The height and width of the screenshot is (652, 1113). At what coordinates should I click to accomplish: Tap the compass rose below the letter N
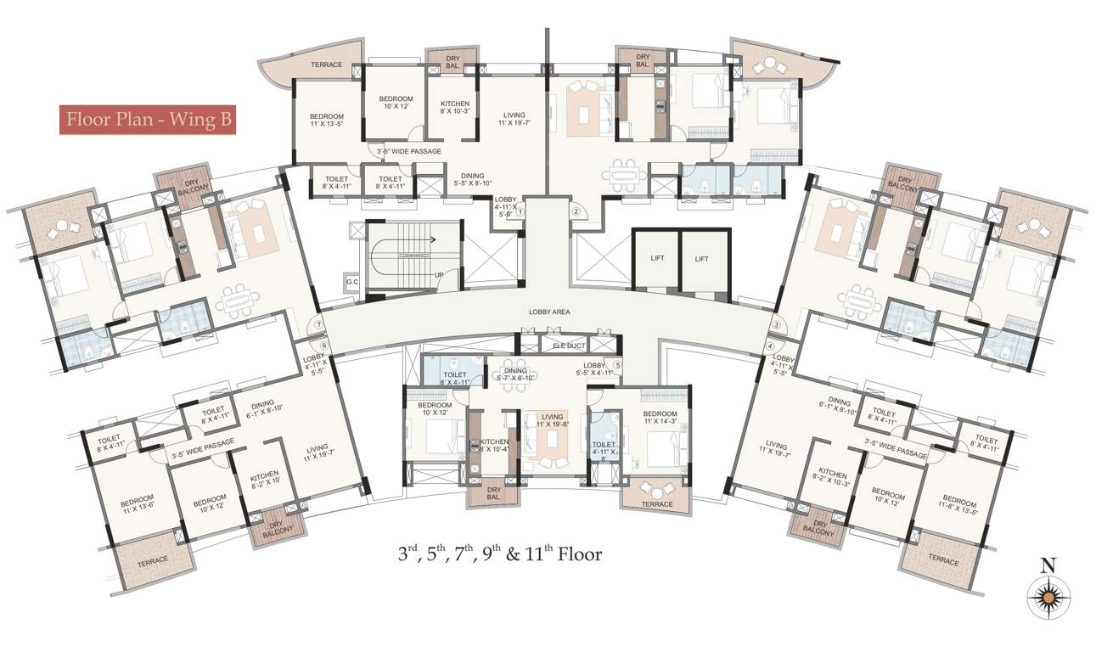pyautogui.click(x=1048, y=598)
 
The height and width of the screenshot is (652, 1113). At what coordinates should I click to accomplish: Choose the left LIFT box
pyautogui.click(x=656, y=260)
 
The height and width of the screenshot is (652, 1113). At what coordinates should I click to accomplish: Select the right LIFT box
pyautogui.click(x=701, y=260)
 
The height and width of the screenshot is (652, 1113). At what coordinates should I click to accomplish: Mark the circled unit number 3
pyautogui.click(x=776, y=325)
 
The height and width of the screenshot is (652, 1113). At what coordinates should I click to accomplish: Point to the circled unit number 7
pyautogui.click(x=318, y=323)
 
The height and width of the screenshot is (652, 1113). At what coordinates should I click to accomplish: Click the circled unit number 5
pyautogui.click(x=617, y=366)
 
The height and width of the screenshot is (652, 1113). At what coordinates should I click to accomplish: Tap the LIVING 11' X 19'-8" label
pyautogui.click(x=554, y=420)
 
